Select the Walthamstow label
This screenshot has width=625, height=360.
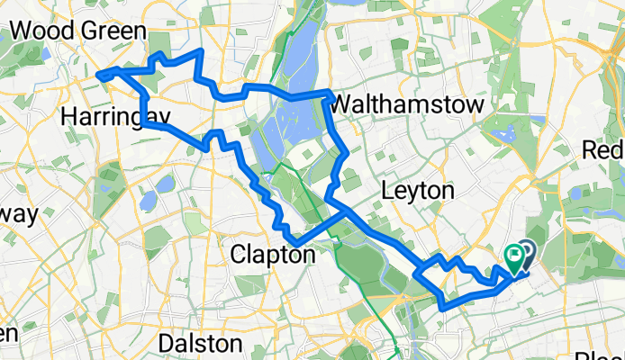coord(407,105)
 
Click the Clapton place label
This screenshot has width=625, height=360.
coord(274,255)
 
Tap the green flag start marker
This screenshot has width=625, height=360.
coord(515,260)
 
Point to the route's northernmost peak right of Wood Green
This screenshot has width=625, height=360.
coord(199,54)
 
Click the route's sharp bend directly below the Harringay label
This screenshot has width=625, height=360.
coord(143,125)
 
